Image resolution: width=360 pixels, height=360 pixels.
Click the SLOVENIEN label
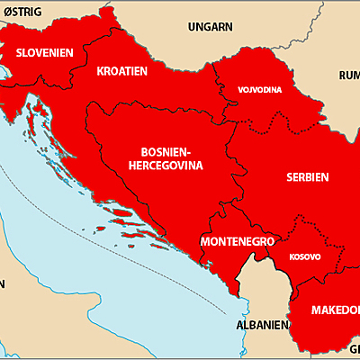click(x=44, y=52)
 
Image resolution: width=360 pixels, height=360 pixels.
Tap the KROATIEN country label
click(x=122, y=70)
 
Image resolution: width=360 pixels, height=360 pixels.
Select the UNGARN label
click(x=210, y=26)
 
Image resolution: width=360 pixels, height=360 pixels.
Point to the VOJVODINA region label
click(x=260, y=90)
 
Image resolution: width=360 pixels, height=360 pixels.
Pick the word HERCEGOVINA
click(x=166, y=166)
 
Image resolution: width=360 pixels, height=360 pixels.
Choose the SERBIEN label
click(x=307, y=176)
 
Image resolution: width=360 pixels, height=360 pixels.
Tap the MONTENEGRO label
click(x=238, y=242)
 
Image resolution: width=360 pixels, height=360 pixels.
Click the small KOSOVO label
click(x=303, y=256)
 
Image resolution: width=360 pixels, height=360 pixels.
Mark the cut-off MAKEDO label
click(x=335, y=310)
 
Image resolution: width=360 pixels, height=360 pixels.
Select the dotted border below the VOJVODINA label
click(x=261, y=114)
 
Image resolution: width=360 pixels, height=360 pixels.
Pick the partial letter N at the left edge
click(x=3, y=283)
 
